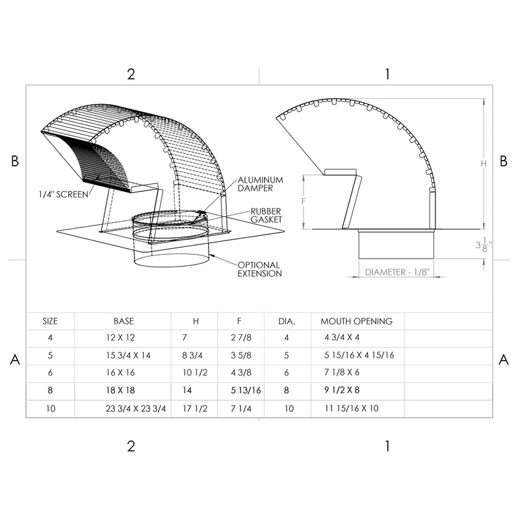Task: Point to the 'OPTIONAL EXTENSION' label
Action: (259, 269)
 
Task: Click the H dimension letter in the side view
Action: (484, 164)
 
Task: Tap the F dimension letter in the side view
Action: (304, 201)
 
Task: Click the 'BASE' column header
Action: (123, 321)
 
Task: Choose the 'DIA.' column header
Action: (287, 321)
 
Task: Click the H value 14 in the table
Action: (188, 391)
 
